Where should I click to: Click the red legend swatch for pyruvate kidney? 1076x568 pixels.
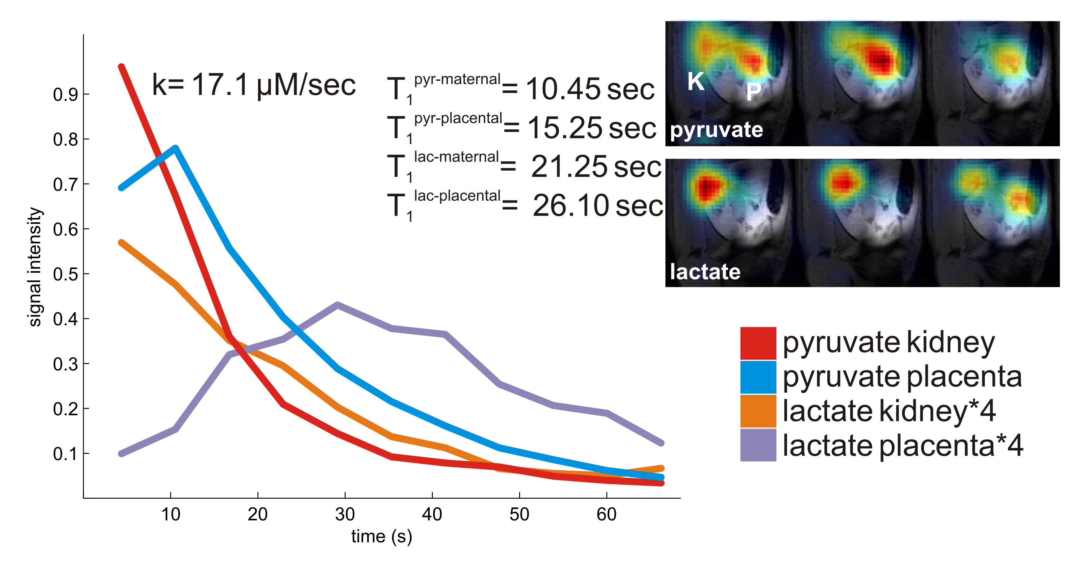click(758, 343)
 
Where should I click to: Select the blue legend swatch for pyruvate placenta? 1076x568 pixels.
click(758, 377)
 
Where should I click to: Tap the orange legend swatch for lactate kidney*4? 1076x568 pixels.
click(758, 411)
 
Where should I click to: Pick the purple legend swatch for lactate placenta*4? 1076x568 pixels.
click(758, 445)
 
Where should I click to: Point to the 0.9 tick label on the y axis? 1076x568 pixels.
click(66, 95)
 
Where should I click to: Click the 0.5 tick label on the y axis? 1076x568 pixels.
click(66, 274)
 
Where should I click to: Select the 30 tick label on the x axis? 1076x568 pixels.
click(345, 514)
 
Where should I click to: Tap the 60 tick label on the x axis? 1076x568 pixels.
click(606, 514)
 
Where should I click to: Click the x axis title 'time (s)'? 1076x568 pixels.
click(381, 536)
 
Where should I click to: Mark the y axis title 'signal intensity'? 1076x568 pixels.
click(35, 267)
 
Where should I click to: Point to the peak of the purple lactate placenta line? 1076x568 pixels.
click(338, 305)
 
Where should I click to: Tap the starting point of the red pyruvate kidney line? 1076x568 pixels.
click(121, 67)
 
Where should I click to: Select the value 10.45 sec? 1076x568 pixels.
click(589, 89)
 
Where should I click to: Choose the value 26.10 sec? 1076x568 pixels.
click(597, 206)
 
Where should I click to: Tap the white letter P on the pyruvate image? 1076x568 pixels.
click(754, 92)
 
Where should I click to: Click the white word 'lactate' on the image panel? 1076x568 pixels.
click(705, 272)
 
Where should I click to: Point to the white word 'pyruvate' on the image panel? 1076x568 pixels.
click(717, 130)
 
